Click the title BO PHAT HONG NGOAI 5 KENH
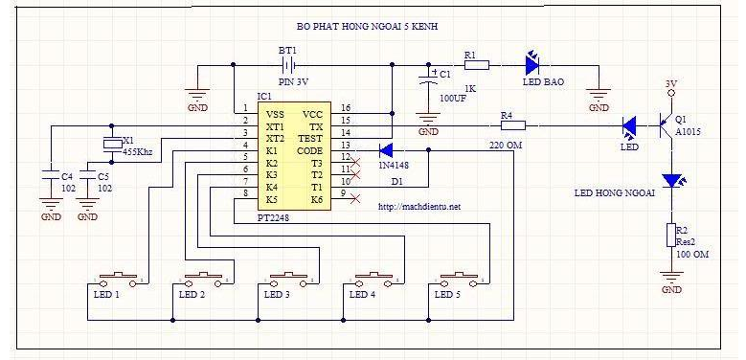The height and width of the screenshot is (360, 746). [x=367, y=27]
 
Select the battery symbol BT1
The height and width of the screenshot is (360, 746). [x=288, y=64]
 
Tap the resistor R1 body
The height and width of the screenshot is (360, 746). [x=476, y=65]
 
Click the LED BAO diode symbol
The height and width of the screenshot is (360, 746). [x=532, y=64]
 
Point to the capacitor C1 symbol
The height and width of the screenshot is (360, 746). [x=428, y=79]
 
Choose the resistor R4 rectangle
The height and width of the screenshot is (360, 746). [x=513, y=125]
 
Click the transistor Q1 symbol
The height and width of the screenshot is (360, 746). [x=666, y=126]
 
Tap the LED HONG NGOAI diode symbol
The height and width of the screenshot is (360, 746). [x=671, y=181]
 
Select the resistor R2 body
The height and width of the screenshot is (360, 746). [x=671, y=236]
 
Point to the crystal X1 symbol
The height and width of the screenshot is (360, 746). [x=112, y=144]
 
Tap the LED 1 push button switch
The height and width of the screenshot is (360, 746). [x=117, y=280]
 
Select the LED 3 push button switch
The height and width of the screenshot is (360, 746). [x=288, y=280]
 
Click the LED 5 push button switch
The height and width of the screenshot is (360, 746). [x=458, y=280]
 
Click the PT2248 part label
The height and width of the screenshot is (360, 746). [x=273, y=217]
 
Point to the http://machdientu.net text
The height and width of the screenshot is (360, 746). [x=419, y=207]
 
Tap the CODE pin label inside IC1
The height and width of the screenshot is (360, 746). [x=309, y=151]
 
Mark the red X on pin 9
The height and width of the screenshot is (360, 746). [x=354, y=198]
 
